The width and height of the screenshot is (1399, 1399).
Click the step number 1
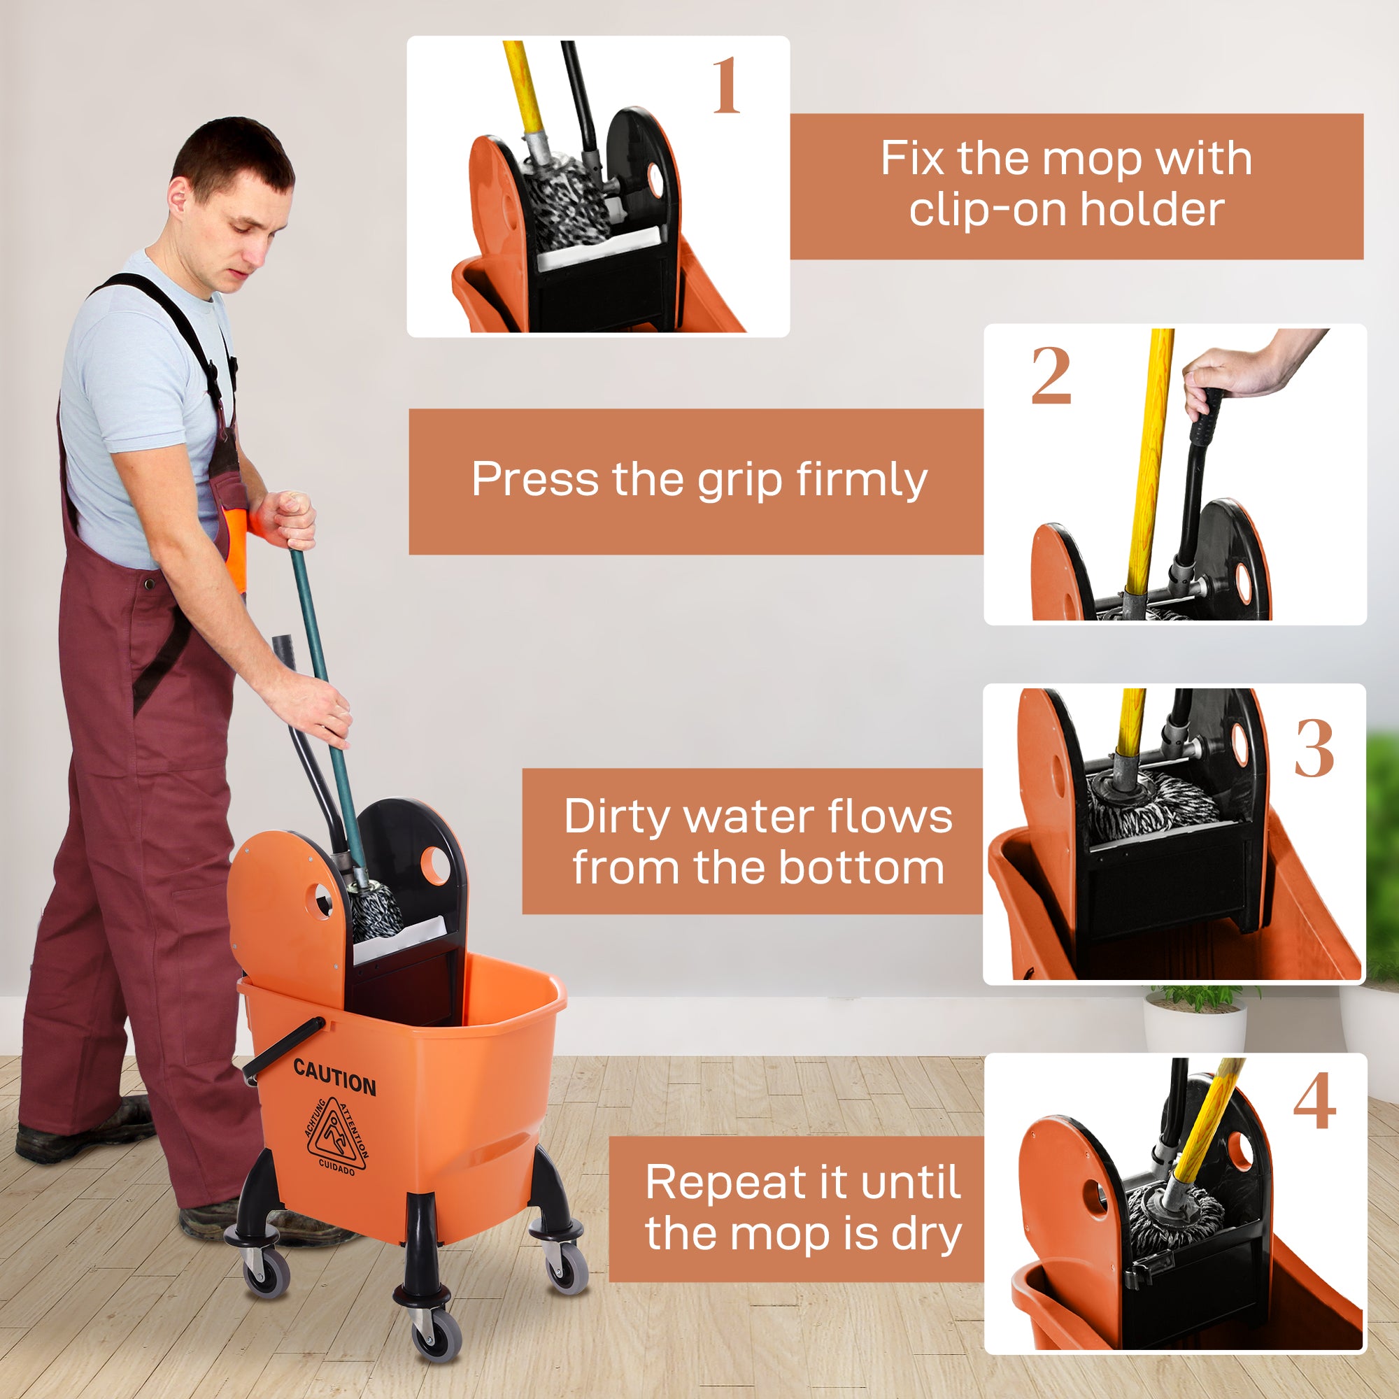(725, 86)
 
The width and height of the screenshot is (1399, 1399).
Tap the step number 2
(1051, 376)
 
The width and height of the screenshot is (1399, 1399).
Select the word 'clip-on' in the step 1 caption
(988, 210)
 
